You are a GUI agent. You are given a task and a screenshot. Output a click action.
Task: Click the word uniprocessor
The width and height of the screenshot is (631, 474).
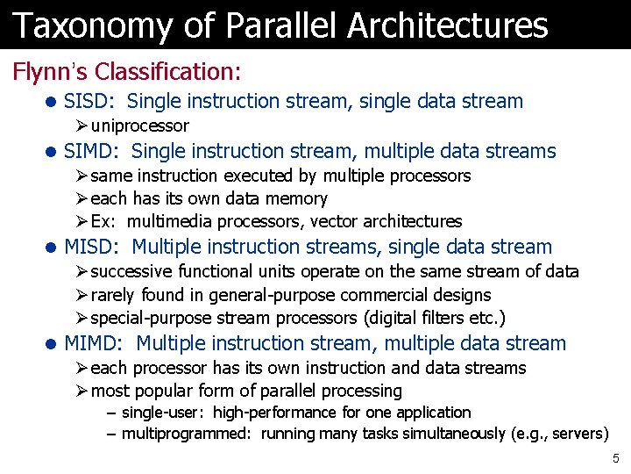(x=139, y=126)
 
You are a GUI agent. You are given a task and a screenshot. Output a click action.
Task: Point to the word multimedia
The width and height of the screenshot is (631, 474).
(x=171, y=222)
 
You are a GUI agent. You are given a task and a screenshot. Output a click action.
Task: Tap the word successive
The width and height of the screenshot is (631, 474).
(x=129, y=271)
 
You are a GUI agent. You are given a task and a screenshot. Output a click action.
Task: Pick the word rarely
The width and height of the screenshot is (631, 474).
(x=112, y=296)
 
